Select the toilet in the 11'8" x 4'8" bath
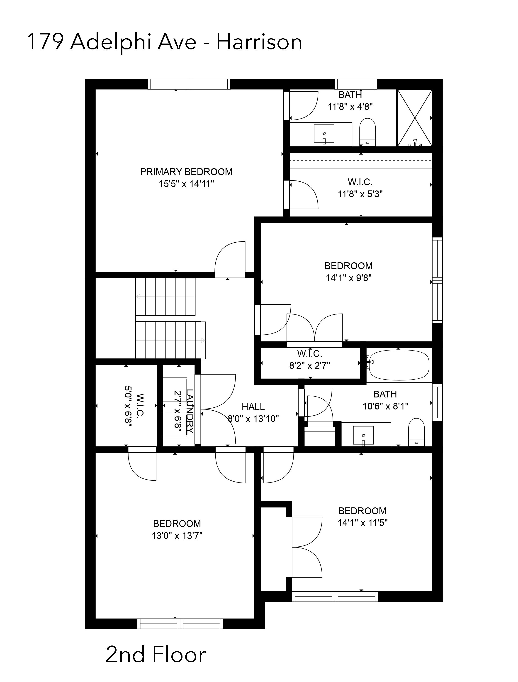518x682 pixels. (x=367, y=132)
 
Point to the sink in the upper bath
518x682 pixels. (x=324, y=134)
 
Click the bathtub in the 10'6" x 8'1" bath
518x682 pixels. (x=399, y=365)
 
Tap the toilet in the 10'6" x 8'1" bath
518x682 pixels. (x=416, y=432)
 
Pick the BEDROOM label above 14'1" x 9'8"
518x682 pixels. (x=348, y=266)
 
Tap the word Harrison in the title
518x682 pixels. (x=259, y=42)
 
